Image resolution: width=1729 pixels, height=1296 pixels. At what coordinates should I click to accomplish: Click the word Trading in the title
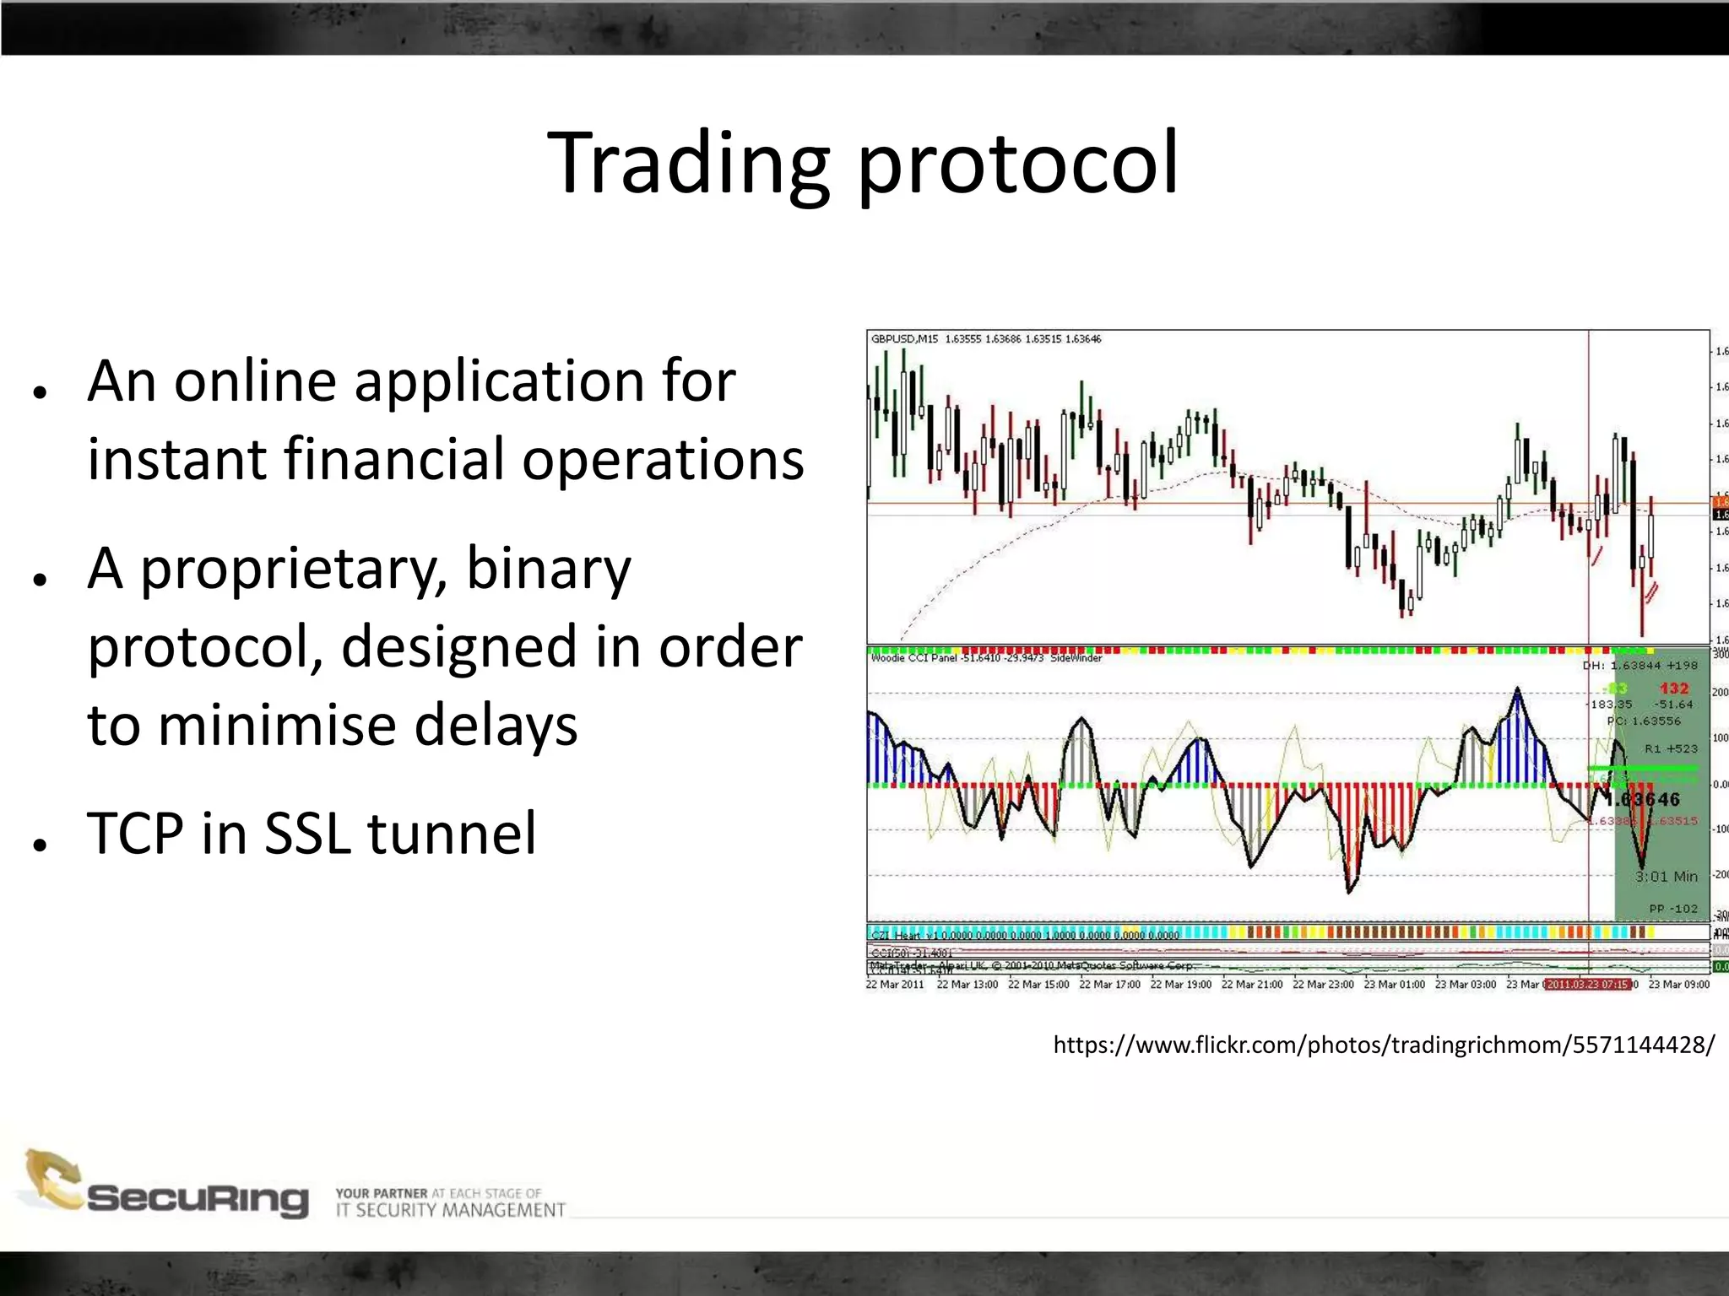click(x=688, y=165)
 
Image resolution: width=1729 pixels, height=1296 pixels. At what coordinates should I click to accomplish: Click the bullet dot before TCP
click(x=39, y=845)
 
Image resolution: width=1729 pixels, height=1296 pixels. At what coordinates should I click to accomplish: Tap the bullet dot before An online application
click(x=39, y=392)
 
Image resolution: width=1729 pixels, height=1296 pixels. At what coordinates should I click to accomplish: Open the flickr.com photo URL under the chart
click(x=1383, y=1045)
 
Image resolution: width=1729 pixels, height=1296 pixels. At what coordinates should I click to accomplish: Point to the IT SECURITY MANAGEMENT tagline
click(x=450, y=1211)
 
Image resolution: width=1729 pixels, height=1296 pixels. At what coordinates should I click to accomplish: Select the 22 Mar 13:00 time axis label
click(x=967, y=985)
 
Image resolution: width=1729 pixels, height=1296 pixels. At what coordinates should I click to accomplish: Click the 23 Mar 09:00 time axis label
click(x=1678, y=985)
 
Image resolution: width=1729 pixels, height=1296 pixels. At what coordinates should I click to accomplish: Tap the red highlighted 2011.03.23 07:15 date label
click(x=1587, y=985)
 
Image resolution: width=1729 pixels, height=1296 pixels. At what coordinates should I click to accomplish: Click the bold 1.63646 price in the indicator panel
click(x=1643, y=799)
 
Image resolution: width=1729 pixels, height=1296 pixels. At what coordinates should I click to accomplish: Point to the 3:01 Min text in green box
click(x=1666, y=877)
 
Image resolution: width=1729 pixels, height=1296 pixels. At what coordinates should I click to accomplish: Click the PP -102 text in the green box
click(x=1672, y=909)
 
